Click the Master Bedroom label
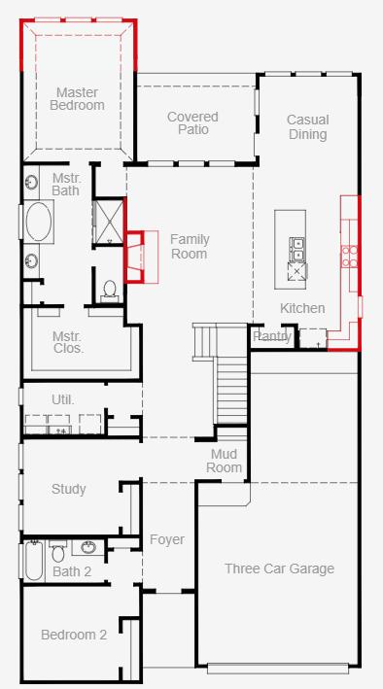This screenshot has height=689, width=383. [77, 99]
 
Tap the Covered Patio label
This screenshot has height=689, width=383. [192, 123]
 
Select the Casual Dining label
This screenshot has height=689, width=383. [307, 127]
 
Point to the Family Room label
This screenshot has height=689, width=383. [190, 247]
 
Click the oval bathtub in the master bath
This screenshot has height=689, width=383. [39, 221]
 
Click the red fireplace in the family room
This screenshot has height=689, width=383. [135, 257]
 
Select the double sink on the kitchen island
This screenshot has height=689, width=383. [296, 249]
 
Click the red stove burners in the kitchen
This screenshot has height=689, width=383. [350, 257]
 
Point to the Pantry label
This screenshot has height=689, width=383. [272, 336]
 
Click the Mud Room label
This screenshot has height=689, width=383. [225, 461]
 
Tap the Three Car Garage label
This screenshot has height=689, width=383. [280, 568]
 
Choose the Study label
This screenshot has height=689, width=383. [69, 489]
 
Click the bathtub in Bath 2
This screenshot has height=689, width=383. [33, 561]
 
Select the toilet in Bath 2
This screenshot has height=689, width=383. [58, 551]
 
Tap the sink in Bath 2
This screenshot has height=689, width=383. [88, 547]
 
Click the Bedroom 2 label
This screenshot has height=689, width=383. [74, 635]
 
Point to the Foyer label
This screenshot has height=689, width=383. [167, 539]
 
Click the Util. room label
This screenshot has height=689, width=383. [63, 399]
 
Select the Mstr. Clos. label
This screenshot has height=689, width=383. [67, 342]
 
